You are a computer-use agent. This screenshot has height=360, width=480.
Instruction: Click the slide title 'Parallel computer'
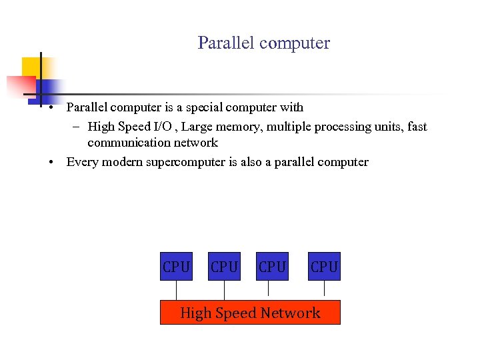tap(263, 43)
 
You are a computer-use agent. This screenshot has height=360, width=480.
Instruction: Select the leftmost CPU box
tap(176, 267)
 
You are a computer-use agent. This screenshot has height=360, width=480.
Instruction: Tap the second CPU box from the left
tap(224, 267)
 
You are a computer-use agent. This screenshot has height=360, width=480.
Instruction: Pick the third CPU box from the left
tap(272, 267)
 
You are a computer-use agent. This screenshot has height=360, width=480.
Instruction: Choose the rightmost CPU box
tap(324, 267)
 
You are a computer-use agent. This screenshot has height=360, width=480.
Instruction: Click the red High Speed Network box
tap(250, 312)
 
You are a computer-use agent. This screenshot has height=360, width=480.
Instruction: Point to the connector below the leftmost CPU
tap(176, 290)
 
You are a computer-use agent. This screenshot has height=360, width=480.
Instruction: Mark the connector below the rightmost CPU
tap(324, 288)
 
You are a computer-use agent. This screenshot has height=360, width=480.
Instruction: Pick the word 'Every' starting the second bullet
tap(81, 162)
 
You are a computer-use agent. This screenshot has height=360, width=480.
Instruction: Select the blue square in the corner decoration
tap(49, 87)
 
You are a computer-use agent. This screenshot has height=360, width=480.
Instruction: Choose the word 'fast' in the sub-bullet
tap(416, 127)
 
